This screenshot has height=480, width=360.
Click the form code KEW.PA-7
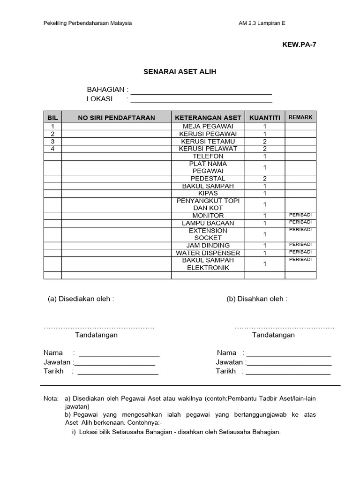[296, 45]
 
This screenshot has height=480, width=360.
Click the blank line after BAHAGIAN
[201, 92]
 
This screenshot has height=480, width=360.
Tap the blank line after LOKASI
[201, 100]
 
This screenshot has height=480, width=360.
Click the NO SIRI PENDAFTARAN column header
[116, 118]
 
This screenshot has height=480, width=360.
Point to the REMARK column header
[300, 117]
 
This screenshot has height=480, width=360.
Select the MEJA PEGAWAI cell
[208, 127]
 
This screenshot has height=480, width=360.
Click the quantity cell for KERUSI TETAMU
[264, 141]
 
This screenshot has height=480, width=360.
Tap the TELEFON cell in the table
[208, 156]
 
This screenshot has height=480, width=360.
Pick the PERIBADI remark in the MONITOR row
[300, 215]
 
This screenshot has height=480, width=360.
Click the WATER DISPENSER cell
[208, 253]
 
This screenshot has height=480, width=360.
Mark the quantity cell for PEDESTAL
[264, 179]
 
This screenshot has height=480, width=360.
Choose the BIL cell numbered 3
[52, 141]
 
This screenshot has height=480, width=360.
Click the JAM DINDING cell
[208, 245]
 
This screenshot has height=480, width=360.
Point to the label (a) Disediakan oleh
[81, 299]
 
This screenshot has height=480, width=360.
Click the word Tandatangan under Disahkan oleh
[273, 335]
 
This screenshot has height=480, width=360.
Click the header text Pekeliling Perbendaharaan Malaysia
[88, 23]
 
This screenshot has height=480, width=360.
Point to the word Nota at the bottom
[51, 398]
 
